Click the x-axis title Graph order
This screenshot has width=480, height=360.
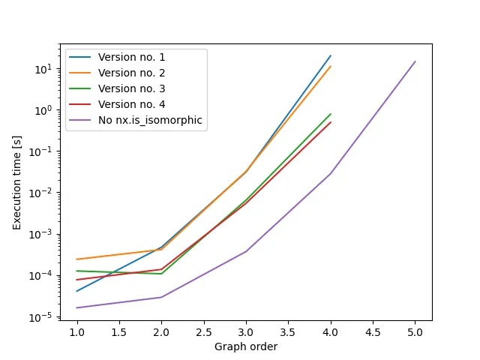point(246,347)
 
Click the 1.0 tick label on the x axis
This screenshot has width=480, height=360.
point(76,332)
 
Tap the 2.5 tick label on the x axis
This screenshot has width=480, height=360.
point(204,332)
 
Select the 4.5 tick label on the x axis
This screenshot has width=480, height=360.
point(373,332)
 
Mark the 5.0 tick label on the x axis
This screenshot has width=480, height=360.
point(415,332)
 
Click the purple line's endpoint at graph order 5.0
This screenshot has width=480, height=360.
point(415,61)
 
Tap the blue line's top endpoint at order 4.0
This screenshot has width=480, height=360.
point(331,55)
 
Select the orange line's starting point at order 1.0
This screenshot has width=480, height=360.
point(76,259)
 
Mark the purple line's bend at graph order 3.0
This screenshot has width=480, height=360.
point(246,251)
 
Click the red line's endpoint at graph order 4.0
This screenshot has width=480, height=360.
point(331,122)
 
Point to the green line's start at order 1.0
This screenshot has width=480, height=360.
point(76,271)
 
